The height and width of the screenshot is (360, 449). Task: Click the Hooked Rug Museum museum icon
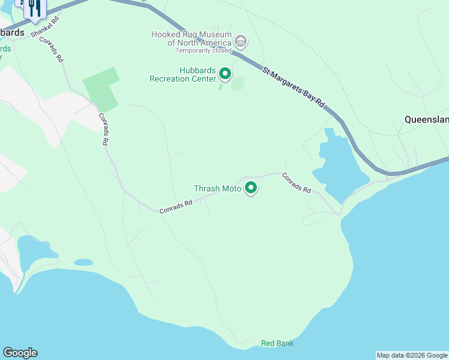[241, 41]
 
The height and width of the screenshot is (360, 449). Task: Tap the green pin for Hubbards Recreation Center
[225, 74]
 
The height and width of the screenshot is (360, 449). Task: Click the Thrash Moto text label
[217, 188]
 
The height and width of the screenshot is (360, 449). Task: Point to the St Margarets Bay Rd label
[294, 88]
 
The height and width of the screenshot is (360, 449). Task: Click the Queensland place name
[426, 119]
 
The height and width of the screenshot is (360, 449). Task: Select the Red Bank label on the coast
[277, 343]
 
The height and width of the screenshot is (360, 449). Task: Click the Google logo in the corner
[20, 353]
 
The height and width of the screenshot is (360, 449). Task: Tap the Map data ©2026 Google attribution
[412, 355]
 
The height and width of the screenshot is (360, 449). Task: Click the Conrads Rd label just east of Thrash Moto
[296, 182]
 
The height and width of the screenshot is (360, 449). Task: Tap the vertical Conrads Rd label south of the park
[103, 130]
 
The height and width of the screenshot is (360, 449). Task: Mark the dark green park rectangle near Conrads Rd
[101, 89]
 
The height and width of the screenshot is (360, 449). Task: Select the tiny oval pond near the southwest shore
[83, 262]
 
